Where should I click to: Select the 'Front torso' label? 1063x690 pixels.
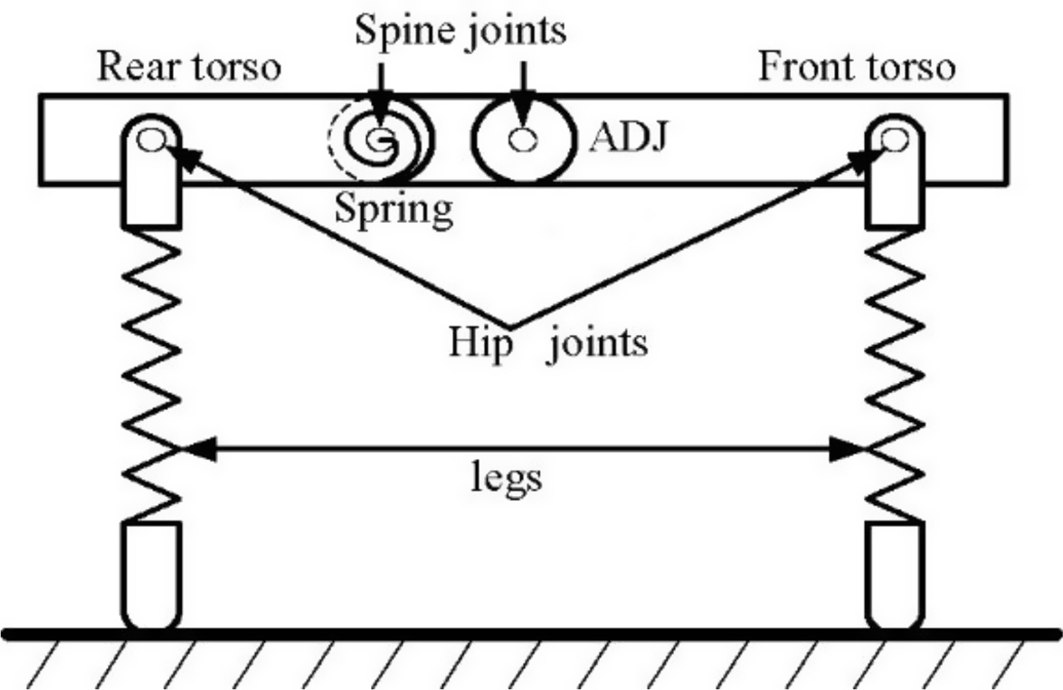coord(855,68)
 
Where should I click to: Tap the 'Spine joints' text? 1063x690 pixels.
coord(460,29)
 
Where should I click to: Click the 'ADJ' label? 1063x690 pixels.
coord(625,139)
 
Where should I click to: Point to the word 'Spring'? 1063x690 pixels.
coord(394,209)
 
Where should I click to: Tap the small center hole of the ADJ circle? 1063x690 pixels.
coord(522,139)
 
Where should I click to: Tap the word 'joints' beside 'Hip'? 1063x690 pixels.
coord(595,343)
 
